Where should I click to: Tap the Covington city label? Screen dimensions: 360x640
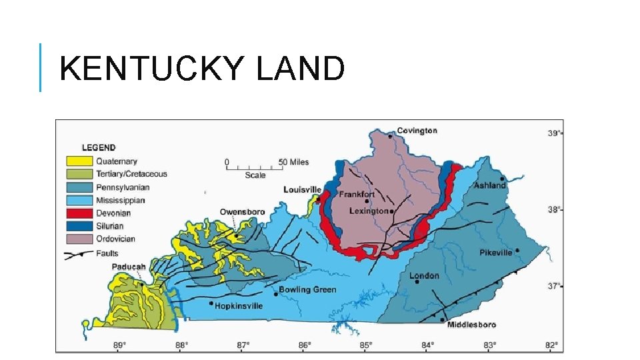point(417,131)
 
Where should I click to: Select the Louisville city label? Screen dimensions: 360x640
point(302,190)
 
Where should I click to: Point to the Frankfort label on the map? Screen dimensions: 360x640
point(357,195)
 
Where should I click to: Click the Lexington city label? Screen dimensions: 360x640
point(369,211)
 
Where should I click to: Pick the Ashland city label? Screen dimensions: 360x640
point(490,185)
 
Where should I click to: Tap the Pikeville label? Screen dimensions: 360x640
point(496,253)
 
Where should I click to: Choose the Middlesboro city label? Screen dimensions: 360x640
point(472,325)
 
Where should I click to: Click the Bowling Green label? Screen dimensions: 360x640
point(307,290)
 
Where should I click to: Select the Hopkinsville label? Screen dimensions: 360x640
point(239,306)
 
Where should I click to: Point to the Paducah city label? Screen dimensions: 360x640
point(128,267)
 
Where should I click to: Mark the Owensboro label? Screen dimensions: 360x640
point(242,212)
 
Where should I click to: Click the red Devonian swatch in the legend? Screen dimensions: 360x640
point(79,213)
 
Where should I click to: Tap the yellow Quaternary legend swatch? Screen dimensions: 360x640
point(79,161)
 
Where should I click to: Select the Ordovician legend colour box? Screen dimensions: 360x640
point(79,239)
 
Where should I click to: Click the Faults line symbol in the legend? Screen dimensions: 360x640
point(79,254)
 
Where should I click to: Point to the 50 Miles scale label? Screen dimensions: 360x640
point(293,162)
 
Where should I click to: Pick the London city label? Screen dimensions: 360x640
point(424,275)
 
